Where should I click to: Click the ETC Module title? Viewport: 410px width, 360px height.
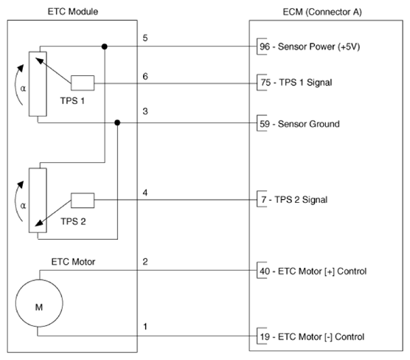(73, 12)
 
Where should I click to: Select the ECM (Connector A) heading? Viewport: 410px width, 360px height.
(322, 12)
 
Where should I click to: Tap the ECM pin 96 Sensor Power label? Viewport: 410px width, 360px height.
(310, 46)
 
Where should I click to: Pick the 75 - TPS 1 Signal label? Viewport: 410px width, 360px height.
(296, 83)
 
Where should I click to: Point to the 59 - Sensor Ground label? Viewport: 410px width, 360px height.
(299, 124)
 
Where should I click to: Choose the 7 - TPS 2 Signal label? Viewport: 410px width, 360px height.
(294, 200)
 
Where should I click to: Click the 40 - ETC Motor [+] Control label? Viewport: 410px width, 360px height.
(313, 271)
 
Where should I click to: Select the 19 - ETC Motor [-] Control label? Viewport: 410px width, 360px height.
(312, 336)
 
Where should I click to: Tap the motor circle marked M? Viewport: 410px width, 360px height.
(39, 303)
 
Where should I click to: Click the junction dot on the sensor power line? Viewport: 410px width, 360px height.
(104, 46)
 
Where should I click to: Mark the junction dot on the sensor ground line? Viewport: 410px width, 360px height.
(117, 122)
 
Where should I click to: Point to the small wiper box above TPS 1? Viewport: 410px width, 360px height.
(83, 83)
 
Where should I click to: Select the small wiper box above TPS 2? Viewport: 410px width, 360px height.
(83, 201)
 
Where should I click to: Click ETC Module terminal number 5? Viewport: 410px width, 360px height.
(145, 38)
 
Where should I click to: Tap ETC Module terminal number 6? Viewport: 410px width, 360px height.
(145, 77)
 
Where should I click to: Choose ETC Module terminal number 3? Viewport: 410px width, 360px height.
(145, 111)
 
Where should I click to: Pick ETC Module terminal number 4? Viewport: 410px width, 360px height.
(145, 193)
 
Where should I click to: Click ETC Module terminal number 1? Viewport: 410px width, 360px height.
(145, 327)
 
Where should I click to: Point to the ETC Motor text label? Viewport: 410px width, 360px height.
(73, 262)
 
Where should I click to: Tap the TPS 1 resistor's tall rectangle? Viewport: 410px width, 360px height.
(38, 83)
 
